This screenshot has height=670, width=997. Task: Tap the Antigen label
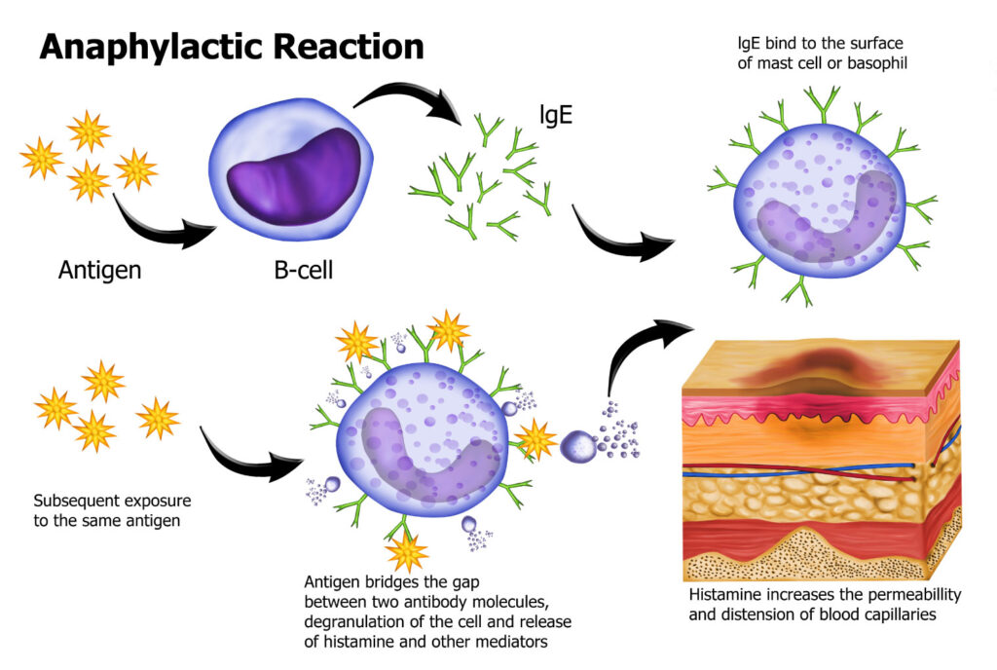100,269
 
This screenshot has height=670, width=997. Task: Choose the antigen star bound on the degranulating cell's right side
536,439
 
